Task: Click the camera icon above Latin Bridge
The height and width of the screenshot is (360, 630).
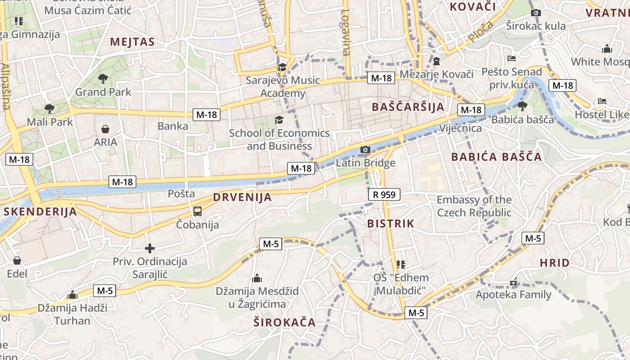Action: click(365, 150)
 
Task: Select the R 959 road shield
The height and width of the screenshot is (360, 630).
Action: click(384, 194)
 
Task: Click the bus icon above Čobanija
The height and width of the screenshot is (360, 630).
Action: click(197, 211)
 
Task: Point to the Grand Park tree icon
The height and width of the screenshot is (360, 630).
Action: click(103, 79)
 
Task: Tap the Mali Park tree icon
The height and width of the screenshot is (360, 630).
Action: click(49, 108)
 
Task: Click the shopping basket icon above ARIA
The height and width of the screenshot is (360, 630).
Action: click(105, 130)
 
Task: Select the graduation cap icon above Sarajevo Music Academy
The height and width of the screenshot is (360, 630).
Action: click(282, 67)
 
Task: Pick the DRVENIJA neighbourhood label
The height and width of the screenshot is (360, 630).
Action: click(243, 197)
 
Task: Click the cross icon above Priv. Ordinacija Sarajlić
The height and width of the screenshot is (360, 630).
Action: click(150, 248)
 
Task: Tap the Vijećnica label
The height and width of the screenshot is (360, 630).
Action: click(460, 128)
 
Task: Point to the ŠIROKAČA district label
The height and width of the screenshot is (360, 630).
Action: click(284, 322)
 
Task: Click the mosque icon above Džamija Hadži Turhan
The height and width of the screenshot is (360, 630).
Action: click(72, 295)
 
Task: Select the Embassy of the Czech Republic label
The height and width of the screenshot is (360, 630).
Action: click(474, 206)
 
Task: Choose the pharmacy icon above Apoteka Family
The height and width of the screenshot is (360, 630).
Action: click(513, 283)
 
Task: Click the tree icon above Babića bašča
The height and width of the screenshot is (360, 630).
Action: click(522, 106)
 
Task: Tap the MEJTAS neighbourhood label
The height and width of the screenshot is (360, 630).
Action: click(132, 42)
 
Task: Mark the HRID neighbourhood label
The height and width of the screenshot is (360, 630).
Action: click(554, 263)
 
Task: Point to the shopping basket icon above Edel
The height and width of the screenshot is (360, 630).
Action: click(17, 261)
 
